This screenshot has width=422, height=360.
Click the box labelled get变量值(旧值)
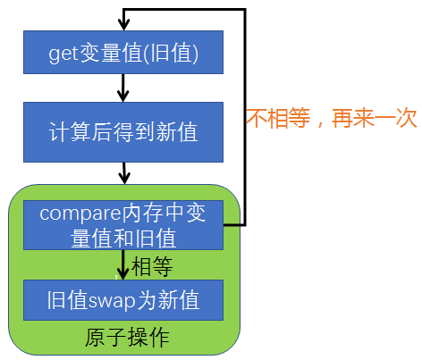[x=122, y=54]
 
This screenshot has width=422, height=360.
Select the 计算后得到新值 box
[x=122, y=133]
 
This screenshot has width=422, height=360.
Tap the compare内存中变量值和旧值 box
[x=122, y=225]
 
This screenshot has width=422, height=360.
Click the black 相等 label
[x=151, y=266]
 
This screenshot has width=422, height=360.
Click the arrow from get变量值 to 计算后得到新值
[x=123, y=88]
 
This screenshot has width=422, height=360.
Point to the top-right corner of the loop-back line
[x=245, y=9]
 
